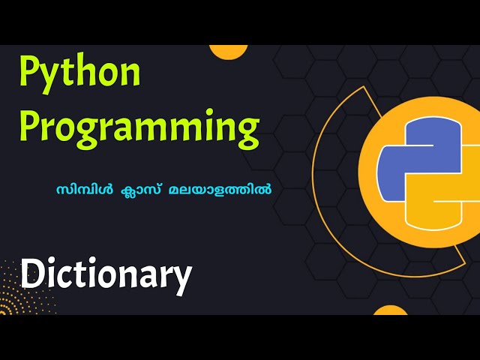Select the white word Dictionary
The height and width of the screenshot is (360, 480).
pyautogui.click(x=106, y=274)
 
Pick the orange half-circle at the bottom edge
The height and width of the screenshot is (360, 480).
pyautogui.click(x=390, y=310)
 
